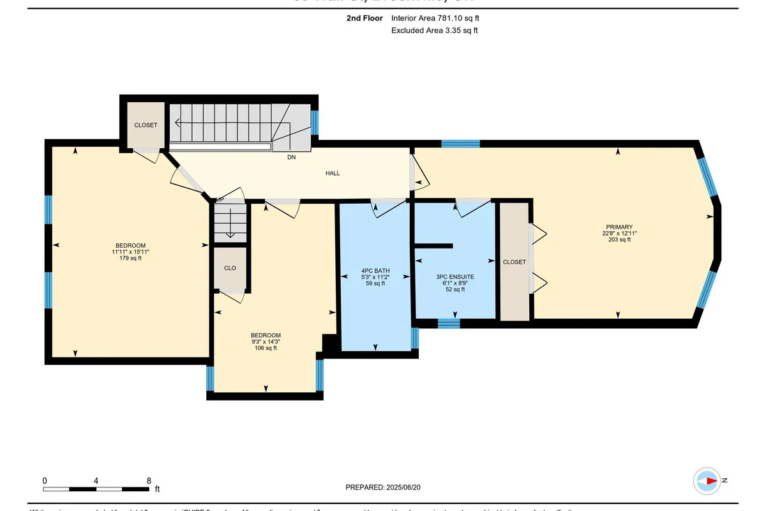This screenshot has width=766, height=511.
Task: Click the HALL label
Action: click(333, 173)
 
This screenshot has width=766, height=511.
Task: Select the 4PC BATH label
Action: click(375, 270)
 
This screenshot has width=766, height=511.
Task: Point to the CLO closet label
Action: click(230, 269)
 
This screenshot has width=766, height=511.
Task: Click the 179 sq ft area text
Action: click(130, 259)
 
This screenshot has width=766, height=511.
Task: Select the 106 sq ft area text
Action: click(266, 348)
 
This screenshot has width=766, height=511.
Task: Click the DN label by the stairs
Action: click(291, 156)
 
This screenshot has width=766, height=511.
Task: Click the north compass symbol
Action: click(709, 480)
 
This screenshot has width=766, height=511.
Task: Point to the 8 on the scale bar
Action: click(149, 480)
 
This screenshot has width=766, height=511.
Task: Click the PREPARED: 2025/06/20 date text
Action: click(383, 487)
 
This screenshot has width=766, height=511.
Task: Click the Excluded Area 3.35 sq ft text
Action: click(434, 30)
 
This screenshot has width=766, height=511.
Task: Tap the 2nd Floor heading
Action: click(365, 19)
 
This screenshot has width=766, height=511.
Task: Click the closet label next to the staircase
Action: click(146, 125)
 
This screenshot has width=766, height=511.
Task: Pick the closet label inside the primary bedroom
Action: click(514, 262)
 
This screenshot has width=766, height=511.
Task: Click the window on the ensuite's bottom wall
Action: click(449, 323)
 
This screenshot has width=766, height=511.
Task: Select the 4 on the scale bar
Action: click(96, 480)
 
